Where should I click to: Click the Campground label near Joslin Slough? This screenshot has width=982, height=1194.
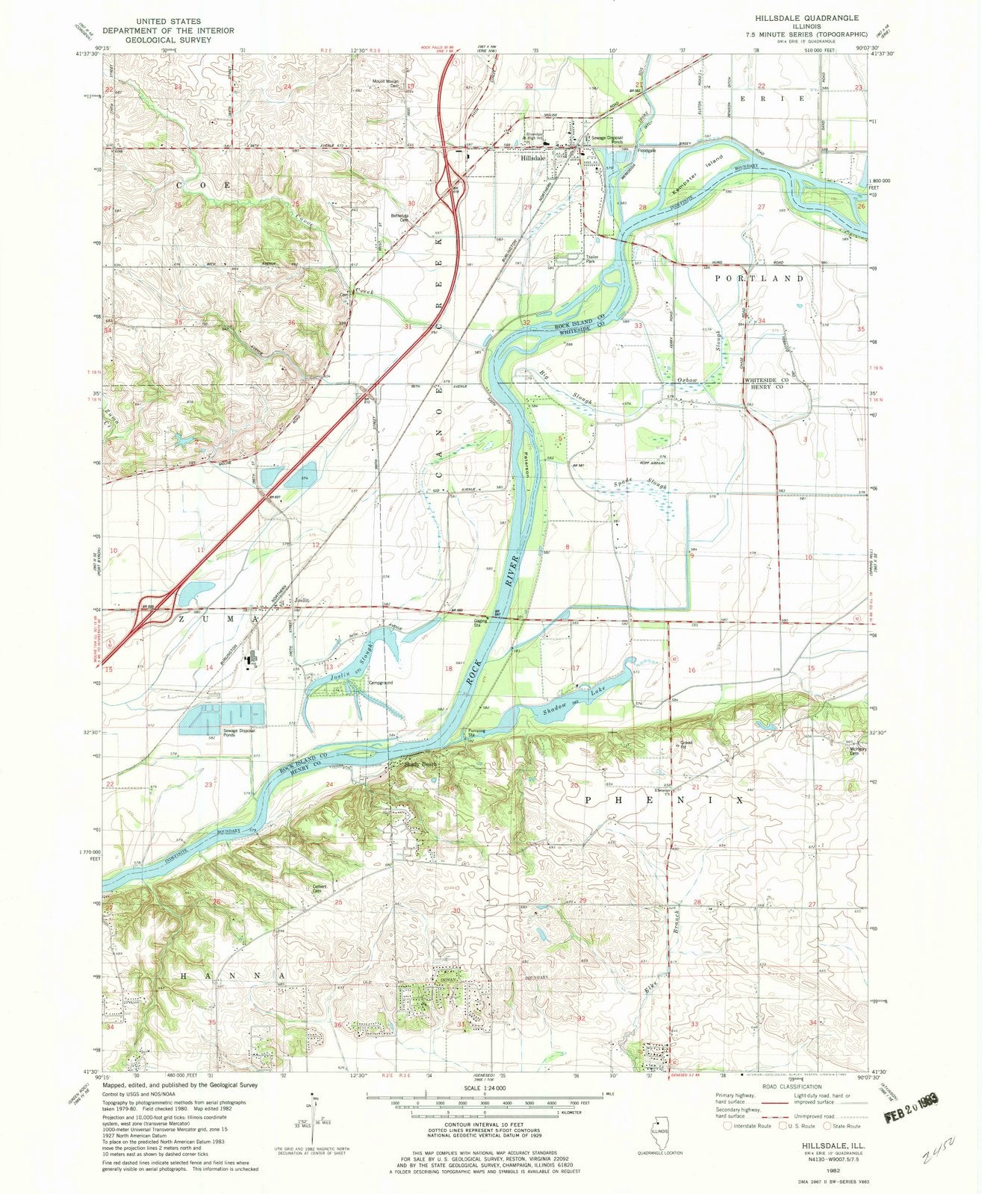click(x=379, y=683)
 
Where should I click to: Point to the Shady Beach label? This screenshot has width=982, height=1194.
click(x=419, y=763)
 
